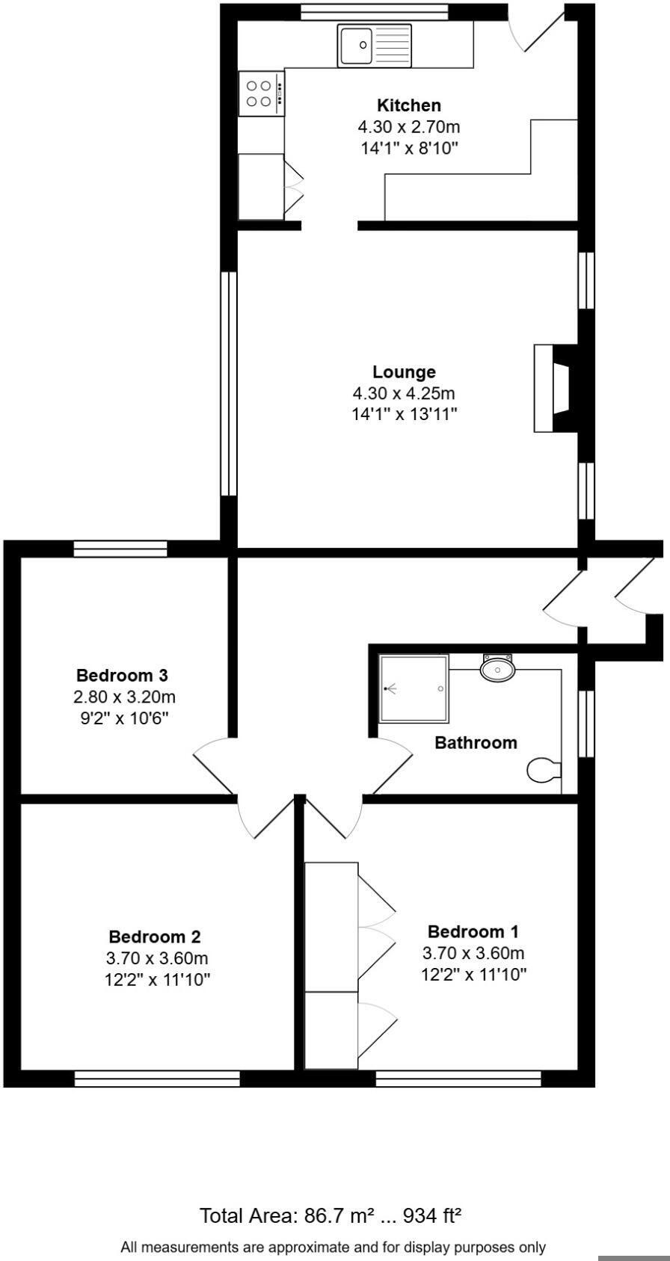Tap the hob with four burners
click(x=260, y=93)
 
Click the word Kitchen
click(x=408, y=105)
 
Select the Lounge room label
click(x=404, y=371)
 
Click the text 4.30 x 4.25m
click(x=404, y=392)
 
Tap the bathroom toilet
click(x=544, y=770)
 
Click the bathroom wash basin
click(x=497, y=668)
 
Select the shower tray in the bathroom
click(x=414, y=688)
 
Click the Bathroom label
click(x=476, y=742)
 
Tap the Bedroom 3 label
click(x=122, y=676)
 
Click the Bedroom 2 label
click(x=155, y=937)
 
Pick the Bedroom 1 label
click(x=473, y=931)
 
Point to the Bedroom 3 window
click(x=120, y=549)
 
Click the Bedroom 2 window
click(x=157, y=1079)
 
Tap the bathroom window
click(x=587, y=724)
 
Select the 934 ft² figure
click(x=432, y=1216)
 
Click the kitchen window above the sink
click(x=374, y=11)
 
